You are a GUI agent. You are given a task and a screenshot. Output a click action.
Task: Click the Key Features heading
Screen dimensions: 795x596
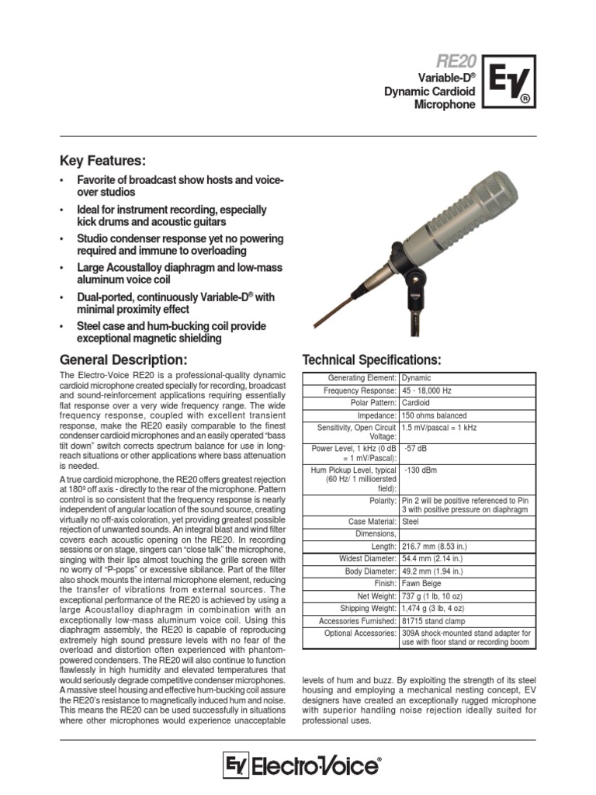point(102,161)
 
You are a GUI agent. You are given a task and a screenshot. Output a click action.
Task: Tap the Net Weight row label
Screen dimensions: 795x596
point(374,595)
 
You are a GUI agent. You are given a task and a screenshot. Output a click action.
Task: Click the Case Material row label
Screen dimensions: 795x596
point(368,522)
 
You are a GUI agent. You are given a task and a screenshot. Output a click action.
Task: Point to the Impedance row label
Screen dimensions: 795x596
point(376,415)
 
